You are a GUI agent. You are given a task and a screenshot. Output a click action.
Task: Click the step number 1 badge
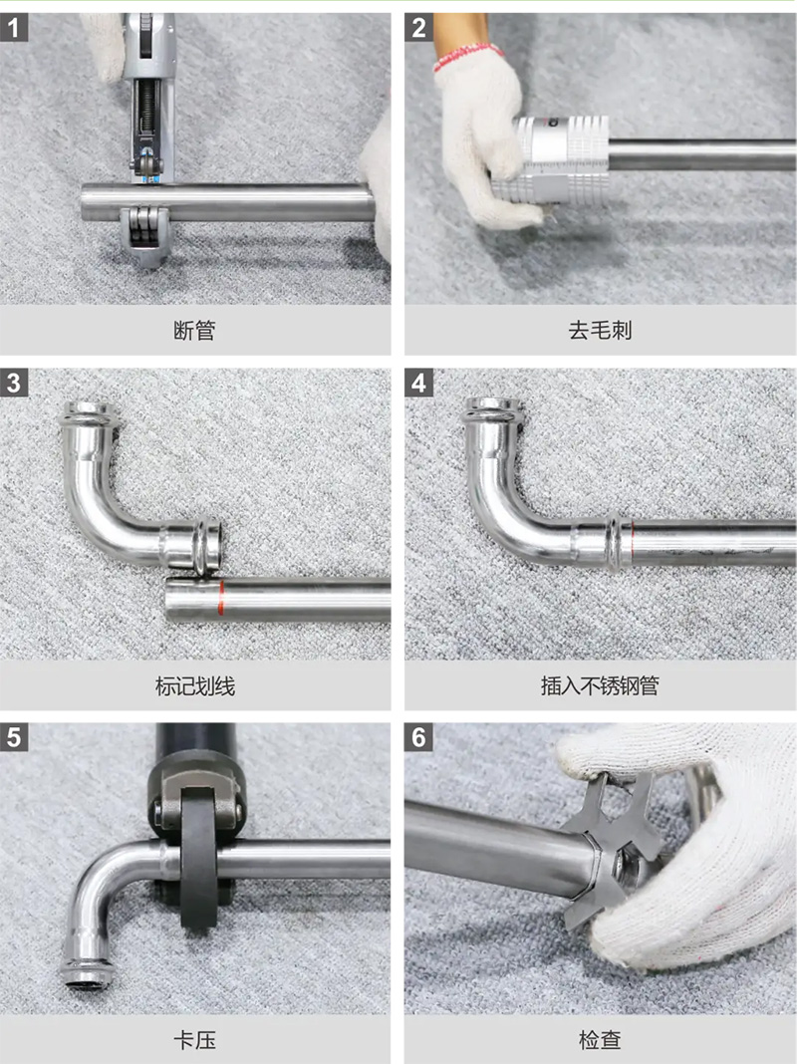pyautogui.click(x=14, y=28)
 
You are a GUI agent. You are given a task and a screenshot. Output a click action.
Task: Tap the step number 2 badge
pyautogui.click(x=418, y=28)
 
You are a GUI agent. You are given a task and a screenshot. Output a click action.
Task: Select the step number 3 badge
pyautogui.click(x=14, y=383)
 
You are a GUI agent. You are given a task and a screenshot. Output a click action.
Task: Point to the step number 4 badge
pyautogui.click(x=418, y=383)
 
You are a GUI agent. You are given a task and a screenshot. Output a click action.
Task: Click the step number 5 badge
pyautogui.click(x=14, y=737)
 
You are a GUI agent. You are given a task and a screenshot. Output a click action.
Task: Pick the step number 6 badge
pyautogui.click(x=418, y=737)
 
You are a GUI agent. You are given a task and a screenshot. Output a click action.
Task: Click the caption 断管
pyautogui.click(x=194, y=331)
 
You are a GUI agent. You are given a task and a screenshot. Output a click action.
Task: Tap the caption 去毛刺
pyautogui.click(x=601, y=331)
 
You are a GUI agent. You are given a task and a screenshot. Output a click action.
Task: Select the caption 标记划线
pyautogui.click(x=195, y=686)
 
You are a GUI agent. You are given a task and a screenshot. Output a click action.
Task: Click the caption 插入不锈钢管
pyautogui.click(x=601, y=686)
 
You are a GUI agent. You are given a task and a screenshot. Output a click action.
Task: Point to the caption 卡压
pyautogui.click(x=194, y=1040)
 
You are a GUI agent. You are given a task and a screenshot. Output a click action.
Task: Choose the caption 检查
pyautogui.click(x=601, y=1040)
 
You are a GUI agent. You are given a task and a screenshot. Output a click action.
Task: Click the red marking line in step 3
pyautogui.click(x=221, y=598)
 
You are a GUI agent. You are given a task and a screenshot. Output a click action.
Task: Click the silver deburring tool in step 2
pyautogui.click(x=553, y=160)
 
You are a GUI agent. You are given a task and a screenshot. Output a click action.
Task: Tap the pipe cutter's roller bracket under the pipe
pyautogui.click(x=143, y=235)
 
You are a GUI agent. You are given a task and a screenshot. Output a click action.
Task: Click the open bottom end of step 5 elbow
pyautogui.click(x=85, y=975)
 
